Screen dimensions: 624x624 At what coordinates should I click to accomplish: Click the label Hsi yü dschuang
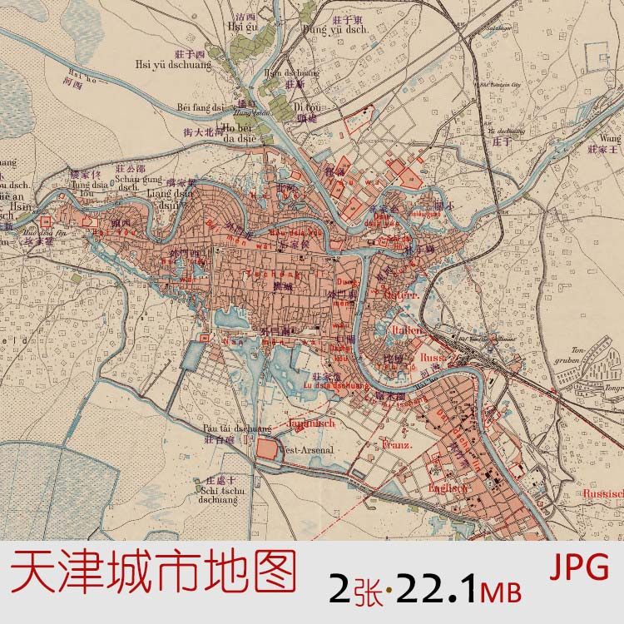point(173,61)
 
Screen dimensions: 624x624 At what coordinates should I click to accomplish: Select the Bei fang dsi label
point(201,106)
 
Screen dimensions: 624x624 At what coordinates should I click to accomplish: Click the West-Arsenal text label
point(309,450)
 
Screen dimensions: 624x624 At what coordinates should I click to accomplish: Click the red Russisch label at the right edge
point(603,493)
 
